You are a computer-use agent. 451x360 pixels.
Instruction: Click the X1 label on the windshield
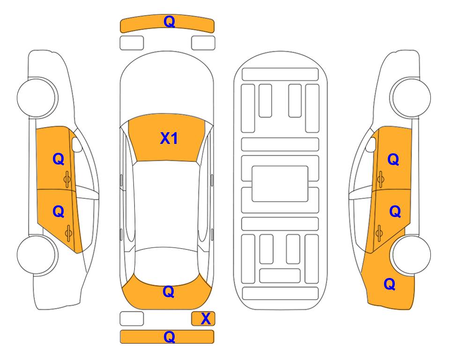tap(169, 138)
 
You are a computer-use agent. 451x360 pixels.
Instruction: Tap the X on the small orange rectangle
tap(206, 319)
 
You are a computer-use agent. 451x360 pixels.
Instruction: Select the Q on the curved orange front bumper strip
tap(169, 22)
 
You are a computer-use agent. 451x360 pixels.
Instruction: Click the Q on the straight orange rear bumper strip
tap(169, 337)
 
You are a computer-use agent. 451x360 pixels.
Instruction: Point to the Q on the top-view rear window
tap(169, 292)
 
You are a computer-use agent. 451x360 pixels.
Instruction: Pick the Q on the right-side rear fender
tap(390, 284)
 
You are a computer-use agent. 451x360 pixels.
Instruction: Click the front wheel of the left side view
tap(37, 97)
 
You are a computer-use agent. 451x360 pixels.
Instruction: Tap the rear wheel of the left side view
tap(37, 255)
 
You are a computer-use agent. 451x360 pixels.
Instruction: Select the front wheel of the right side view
tap(411, 97)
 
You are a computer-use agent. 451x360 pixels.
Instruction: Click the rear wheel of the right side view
tap(411, 255)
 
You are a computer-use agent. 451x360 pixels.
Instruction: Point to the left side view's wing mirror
tap(76, 144)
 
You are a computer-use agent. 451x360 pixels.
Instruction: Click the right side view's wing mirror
tap(371, 144)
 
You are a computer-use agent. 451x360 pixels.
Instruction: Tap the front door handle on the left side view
tap(67, 179)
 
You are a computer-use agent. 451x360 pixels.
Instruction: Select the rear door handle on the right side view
tap(379, 233)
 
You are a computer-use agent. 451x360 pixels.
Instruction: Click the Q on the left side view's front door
tap(59, 159)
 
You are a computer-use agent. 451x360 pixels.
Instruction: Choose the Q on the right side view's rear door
tap(395, 212)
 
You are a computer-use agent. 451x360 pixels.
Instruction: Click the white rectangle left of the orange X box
tap(132, 319)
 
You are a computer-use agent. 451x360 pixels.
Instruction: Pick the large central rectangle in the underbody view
tap(280, 184)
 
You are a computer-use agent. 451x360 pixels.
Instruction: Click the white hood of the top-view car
tap(167, 86)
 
